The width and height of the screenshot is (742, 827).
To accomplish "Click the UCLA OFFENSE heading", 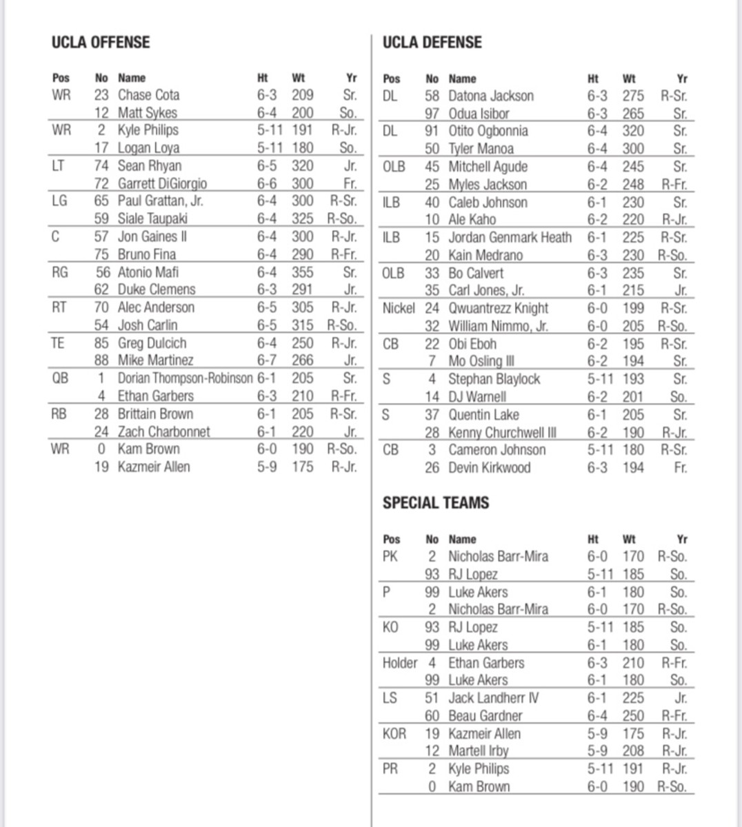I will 100,42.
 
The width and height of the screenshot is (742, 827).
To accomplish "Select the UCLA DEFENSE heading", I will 432,42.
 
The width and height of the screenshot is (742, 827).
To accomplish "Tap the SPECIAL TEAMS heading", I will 435,503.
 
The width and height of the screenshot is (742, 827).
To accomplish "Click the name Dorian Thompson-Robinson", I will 185,378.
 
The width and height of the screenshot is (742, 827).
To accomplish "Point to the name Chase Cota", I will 148,95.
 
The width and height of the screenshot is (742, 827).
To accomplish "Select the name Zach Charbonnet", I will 163,432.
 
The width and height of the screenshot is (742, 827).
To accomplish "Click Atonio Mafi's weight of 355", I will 302,272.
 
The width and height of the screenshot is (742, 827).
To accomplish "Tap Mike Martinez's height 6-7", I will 267,360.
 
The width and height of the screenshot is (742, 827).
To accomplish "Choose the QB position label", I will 60,378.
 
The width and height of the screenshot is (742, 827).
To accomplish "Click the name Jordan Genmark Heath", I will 510,238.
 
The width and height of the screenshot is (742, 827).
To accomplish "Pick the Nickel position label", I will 399,308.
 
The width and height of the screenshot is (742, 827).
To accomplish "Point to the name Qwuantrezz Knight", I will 498,308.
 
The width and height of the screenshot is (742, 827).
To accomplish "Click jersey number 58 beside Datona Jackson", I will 432,96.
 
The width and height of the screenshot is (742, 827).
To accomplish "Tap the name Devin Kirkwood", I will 489,468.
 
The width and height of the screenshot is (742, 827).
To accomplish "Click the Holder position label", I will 400,663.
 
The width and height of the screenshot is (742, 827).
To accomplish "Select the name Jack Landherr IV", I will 493,698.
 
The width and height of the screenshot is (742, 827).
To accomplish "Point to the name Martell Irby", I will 478,751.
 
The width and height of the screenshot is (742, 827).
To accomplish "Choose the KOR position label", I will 394,734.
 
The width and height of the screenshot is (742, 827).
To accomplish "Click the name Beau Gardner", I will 485,716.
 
